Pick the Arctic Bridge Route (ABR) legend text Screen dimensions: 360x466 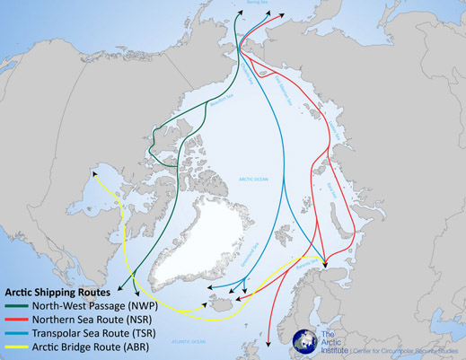pos(79,346)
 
